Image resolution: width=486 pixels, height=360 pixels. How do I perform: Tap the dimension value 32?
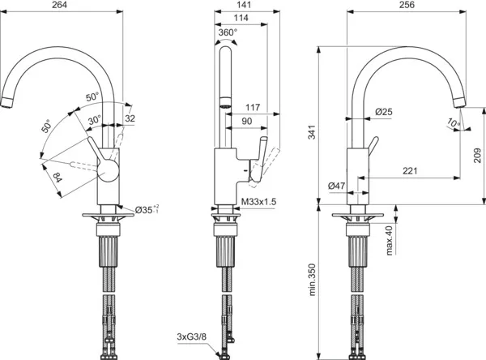(x=130, y=119)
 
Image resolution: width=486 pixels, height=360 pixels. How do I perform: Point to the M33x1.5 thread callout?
(x=258, y=201)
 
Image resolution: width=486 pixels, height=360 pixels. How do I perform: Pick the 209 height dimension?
(x=479, y=152)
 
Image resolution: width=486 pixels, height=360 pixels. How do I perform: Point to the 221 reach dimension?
(x=411, y=169)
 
